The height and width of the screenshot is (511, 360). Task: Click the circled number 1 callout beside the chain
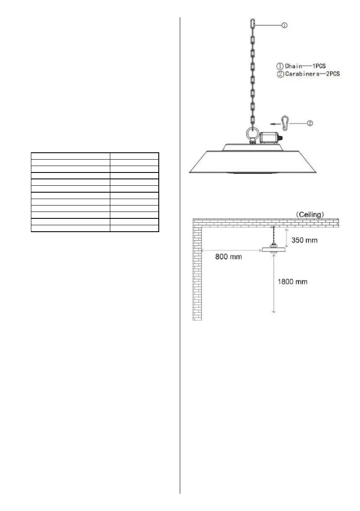(x=284, y=25)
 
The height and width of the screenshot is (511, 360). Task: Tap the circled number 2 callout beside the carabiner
(x=310, y=124)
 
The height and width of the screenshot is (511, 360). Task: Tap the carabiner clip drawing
(x=284, y=122)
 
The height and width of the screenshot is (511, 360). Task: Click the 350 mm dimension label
(x=305, y=240)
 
